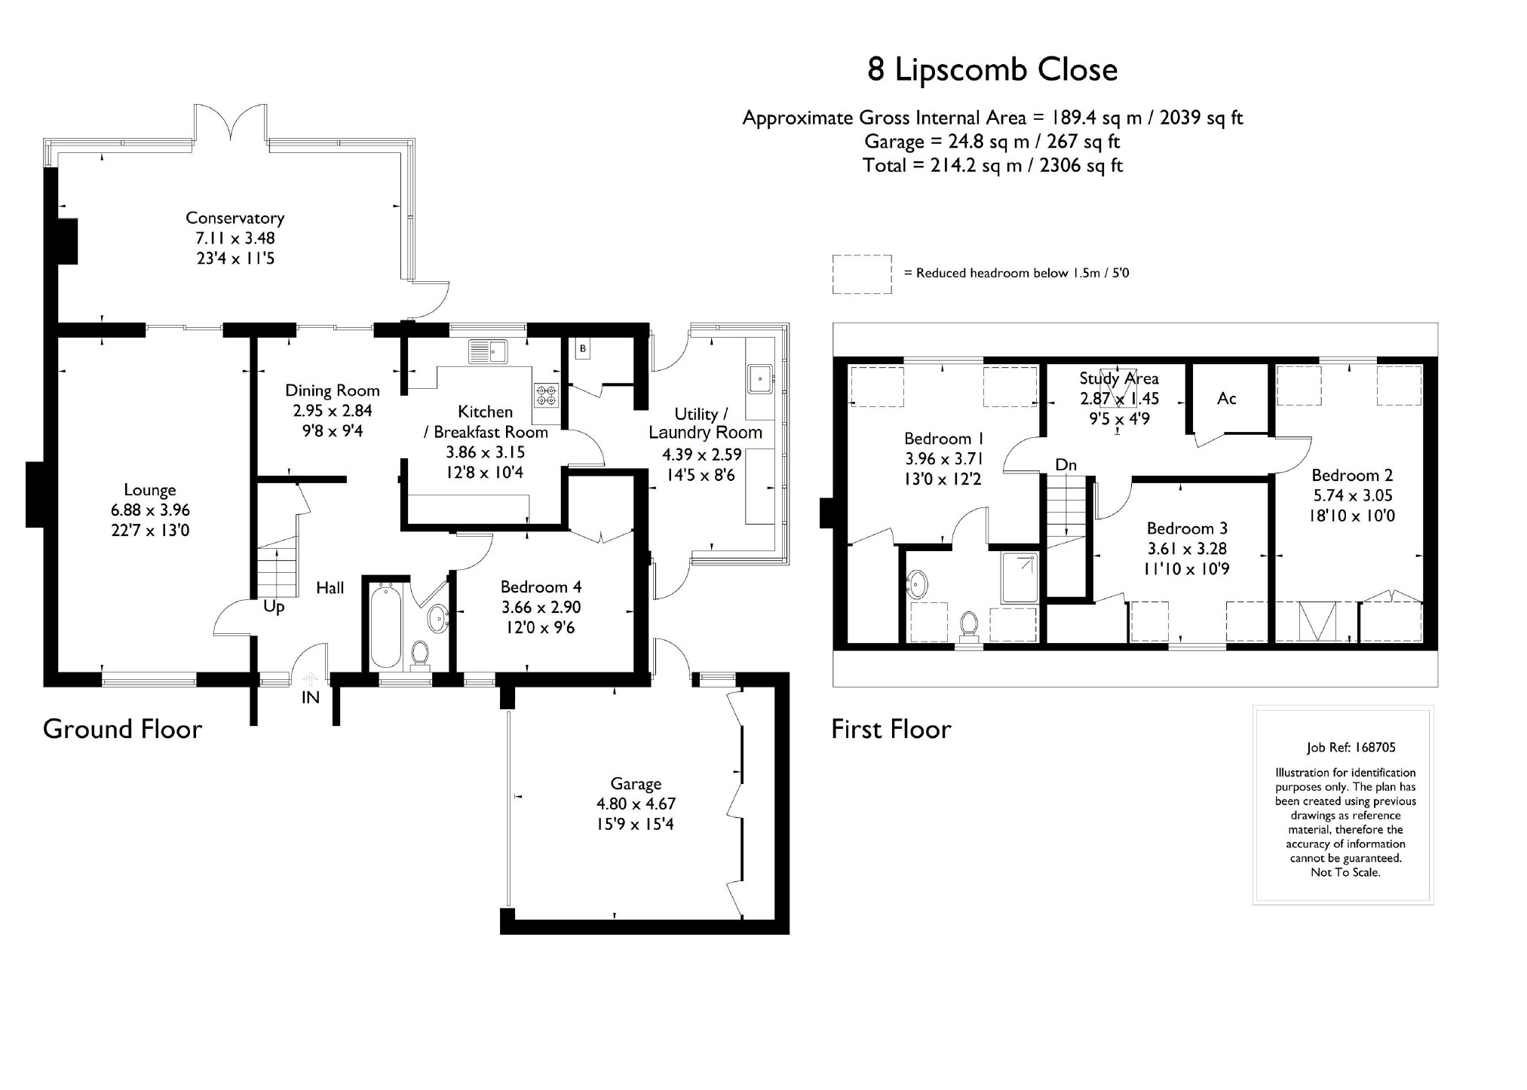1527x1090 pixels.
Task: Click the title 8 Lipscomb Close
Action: click(992, 69)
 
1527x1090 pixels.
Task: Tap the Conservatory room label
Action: click(235, 218)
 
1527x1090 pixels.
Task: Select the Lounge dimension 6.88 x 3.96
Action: click(150, 510)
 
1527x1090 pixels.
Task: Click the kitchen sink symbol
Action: click(489, 351)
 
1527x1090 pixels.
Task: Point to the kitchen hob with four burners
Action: click(547, 395)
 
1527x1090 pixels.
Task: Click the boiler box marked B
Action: click(582, 348)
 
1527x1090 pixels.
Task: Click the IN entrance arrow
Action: click(310, 682)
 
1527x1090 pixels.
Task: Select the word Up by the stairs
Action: click(274, 607)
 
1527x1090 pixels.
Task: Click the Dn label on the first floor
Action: click(1066, 465)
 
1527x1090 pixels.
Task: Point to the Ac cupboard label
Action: click(1226, 398)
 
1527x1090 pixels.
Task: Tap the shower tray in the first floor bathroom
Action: click(1020, 577)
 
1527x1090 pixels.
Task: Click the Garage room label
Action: click(636, 784)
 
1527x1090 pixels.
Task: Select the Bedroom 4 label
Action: click(541, 586)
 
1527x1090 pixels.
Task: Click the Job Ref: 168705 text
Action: click(1351, 748)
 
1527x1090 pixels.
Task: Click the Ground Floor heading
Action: click(122, 729)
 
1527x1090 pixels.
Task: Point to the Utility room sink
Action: click(759, 378)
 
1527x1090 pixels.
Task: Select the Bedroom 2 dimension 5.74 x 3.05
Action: click(1352, 495)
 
